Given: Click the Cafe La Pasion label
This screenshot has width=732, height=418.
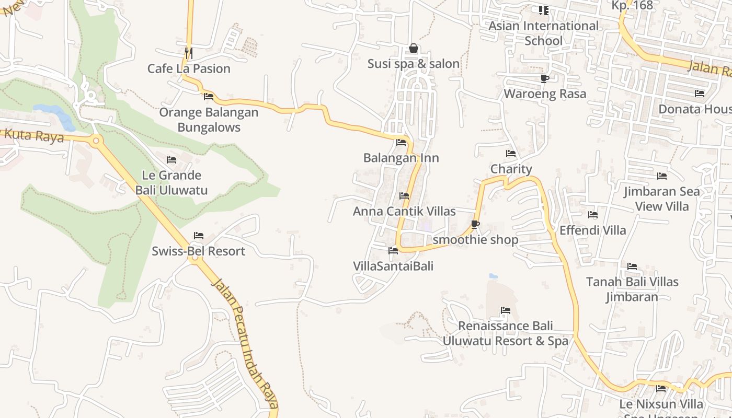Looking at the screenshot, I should (x=189, y=68).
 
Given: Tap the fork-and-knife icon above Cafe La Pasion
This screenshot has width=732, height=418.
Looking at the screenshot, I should (x=189, y=53).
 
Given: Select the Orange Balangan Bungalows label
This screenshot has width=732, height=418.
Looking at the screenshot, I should (x=209, y=120).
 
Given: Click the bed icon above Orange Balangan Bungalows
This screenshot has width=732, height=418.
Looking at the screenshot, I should (x=209, y=97).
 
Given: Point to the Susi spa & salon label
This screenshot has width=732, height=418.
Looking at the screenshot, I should (x=414, y=64).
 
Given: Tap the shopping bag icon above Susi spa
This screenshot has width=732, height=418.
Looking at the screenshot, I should (x=414, y=49).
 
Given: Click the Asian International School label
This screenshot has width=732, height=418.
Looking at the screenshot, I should (x=544, y=33).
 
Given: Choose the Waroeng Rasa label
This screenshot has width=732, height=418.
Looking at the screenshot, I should (x=545, y=94).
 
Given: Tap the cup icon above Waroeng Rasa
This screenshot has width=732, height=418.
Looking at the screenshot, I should (x=544, y=78).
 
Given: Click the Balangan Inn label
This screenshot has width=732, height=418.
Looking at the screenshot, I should (x=401, y=158).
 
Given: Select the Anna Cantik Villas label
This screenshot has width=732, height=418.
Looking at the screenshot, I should (x=404, y=211).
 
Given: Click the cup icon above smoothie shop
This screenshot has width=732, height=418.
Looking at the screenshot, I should (x=475, y=225).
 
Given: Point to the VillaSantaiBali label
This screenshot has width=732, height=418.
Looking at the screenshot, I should (x=393, y=266).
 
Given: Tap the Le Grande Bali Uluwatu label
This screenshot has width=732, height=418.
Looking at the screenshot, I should (x=171, y=182).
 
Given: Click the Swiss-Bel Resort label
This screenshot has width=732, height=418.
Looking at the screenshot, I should (x=198, y=251).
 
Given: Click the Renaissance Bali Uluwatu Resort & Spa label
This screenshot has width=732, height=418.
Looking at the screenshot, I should (x=505, y=333).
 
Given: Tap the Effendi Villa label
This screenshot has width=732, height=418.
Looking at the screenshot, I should (x=592, y=230).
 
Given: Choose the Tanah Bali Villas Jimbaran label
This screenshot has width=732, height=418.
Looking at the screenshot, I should (x=632, y=289).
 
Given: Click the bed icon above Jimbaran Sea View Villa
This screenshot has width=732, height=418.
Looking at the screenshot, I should (x=662, y=176).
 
